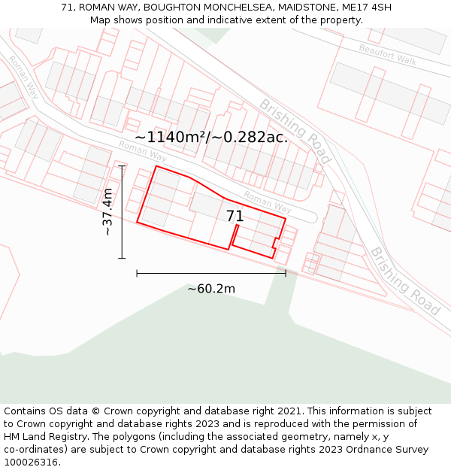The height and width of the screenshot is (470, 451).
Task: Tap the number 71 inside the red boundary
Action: [235, 217]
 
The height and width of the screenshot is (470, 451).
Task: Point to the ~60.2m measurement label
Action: [211, 289]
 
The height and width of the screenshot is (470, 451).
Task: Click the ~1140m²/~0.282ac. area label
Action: [211, 137]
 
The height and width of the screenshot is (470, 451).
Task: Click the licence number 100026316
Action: [32, 462]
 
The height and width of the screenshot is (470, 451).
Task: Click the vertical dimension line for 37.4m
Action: [122, 212]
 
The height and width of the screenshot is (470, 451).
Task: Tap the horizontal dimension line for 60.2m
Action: [211, 273]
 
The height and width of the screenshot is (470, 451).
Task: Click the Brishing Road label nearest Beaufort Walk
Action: [295, 130]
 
